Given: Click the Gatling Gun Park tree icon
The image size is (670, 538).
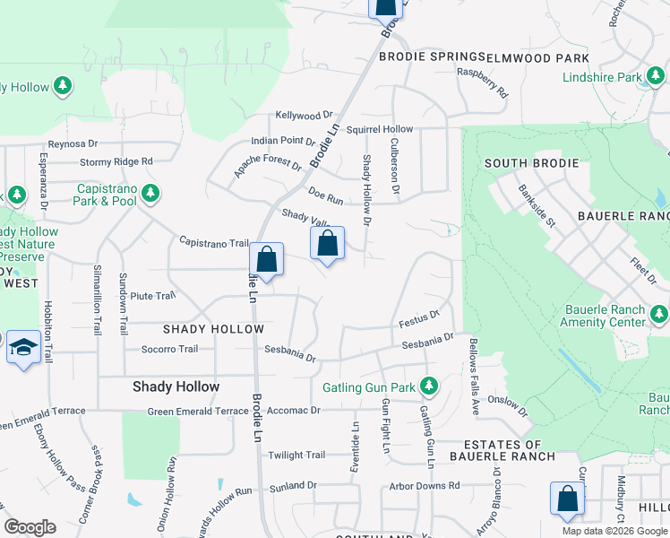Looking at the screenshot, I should click(x=429, y=386).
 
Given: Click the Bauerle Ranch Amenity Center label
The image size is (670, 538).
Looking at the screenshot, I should click(x=603, y=316).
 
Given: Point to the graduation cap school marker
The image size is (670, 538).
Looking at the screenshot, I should click(x=21, y=349).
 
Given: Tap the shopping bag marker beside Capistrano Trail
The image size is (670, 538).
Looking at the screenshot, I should click(x=266, y=259).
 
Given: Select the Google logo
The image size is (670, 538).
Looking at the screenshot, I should click(x=30, y=527).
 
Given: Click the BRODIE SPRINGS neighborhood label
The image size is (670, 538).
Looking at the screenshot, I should click(x=432, y=56).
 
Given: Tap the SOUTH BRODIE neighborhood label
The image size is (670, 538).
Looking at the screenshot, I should click(x=526, y=163).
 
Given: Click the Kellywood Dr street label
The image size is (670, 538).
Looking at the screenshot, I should click(x=304, y=116).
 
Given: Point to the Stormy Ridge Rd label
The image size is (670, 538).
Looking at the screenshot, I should click(x=116, y=162).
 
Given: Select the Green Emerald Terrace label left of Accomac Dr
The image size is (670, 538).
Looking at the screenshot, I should click(x=198, y=411).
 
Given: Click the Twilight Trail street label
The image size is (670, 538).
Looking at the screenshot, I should click(x=296, y=456).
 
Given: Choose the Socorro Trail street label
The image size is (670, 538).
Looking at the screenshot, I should click(x=169, y=349).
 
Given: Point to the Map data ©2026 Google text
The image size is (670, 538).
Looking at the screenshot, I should click(x=614, y=531).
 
